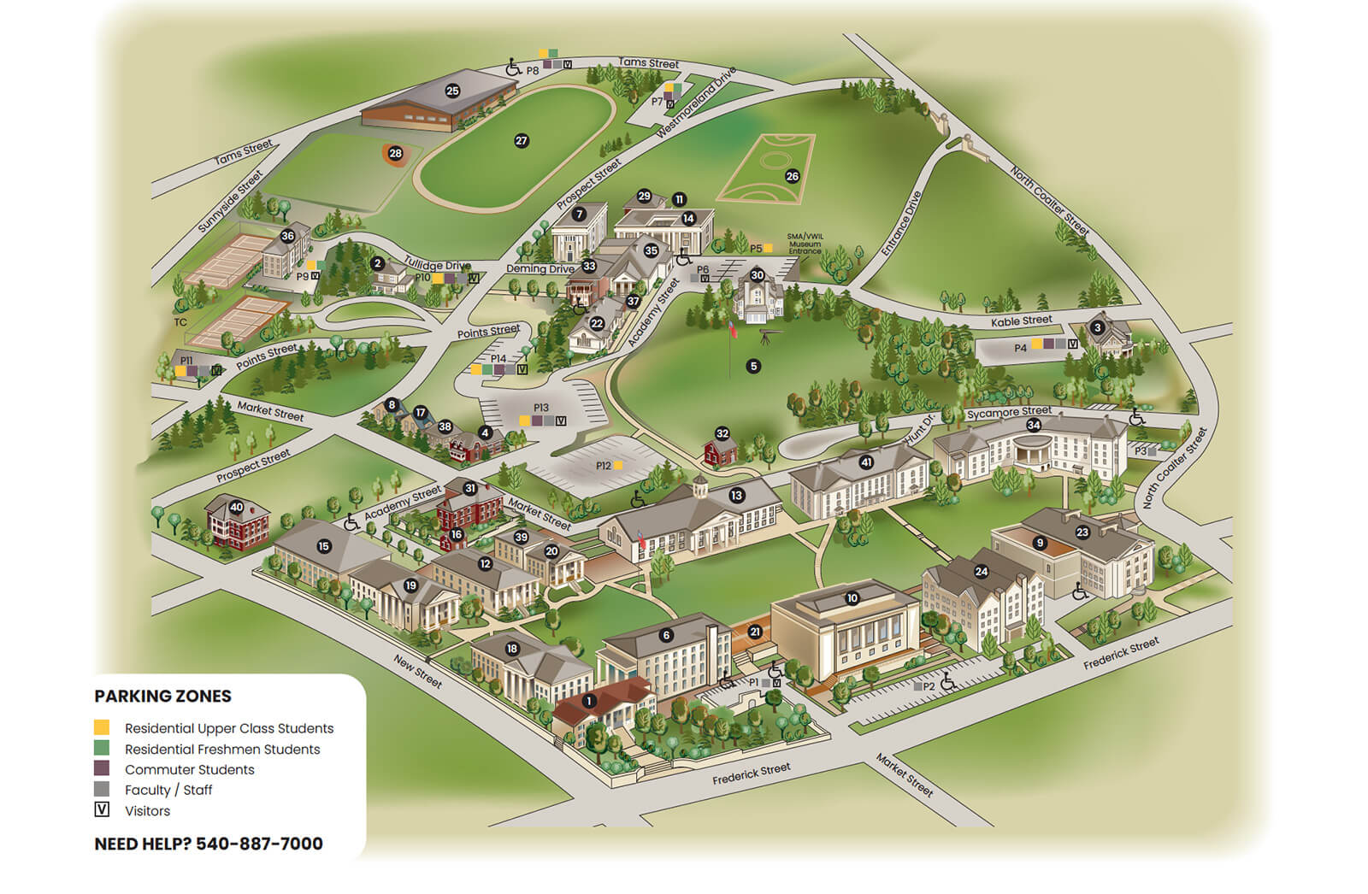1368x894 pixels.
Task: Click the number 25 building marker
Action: [452, 91]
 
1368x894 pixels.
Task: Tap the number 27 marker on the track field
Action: [522, 141]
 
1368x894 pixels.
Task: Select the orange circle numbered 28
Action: [395, 154]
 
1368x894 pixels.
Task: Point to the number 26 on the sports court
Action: [792, 176]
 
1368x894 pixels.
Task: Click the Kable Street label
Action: [1021, 321]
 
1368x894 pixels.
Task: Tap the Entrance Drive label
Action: [901, 224]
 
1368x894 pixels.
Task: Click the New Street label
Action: [418, 672]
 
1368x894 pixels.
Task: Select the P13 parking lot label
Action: [540, 409]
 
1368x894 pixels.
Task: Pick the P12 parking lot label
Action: [604, 466]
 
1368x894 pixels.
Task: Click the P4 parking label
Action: [1020, 348]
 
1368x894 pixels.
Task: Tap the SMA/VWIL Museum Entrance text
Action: [804, 244]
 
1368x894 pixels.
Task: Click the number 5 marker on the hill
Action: [753, 366]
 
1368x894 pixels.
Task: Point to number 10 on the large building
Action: [852, 598]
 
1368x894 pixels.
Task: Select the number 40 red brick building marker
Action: [236, 507]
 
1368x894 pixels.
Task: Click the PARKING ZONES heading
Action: [162, 696]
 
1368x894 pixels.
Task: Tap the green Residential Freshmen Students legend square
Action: [102, 749]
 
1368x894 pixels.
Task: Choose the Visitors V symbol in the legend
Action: [102, 809]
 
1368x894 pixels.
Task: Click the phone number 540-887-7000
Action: [259, 844]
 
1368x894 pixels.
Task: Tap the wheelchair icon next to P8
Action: [513, 67]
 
